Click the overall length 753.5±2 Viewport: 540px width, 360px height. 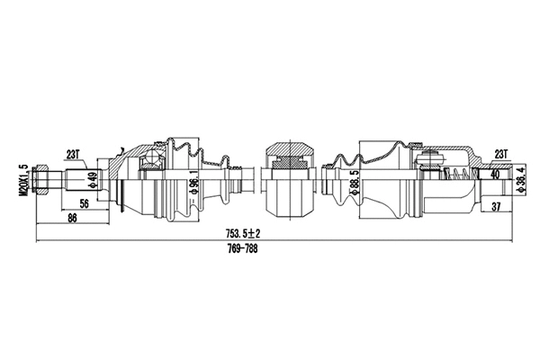(249, 234)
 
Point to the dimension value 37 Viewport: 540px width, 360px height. (495, 208)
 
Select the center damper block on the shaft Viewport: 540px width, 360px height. (287, 163)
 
